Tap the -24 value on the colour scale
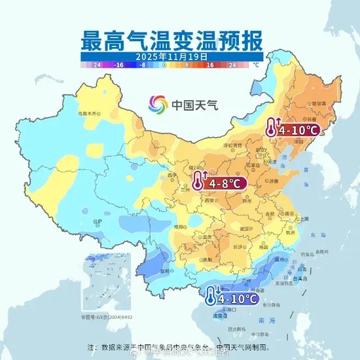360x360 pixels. [96, 65]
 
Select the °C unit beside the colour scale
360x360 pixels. [256, 65]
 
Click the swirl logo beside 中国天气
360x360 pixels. [158, 103]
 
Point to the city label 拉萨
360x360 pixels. [98, 221]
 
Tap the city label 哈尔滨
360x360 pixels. [318, 103]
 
